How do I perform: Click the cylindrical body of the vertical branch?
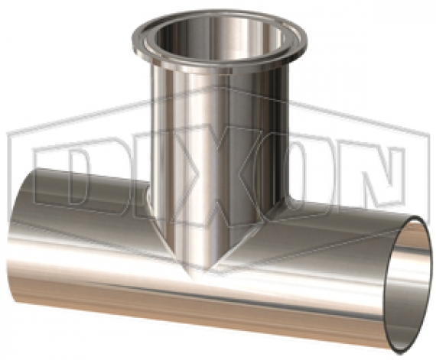click(x=218, y=153)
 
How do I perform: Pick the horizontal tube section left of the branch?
click(x=99, y=245)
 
